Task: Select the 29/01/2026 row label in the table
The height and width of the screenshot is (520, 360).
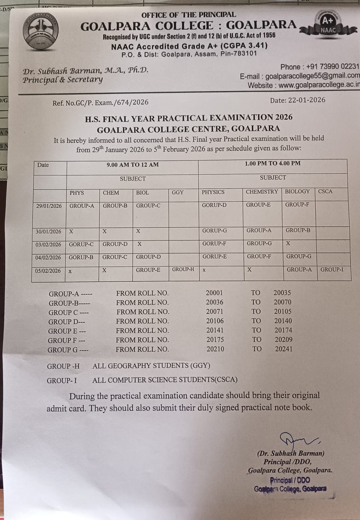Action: (49, 206)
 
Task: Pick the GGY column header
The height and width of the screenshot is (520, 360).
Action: (178, 192)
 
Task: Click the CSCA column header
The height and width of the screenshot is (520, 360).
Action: (325, 191)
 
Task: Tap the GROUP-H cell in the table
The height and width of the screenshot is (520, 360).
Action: (183, 269)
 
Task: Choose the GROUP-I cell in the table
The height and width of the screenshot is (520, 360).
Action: (332, 269)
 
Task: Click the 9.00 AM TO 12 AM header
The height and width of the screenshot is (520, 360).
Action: (133, 164)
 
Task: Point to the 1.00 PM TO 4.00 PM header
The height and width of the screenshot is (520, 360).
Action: (272, 163)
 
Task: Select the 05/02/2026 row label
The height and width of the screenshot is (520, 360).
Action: (48, 271)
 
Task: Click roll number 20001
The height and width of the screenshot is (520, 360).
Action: (214, 293)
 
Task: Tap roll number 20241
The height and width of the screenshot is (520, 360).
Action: (284, 349)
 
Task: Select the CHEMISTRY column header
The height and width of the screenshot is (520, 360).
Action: (262, 192)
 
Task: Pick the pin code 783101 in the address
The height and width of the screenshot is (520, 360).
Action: (243, 53)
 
